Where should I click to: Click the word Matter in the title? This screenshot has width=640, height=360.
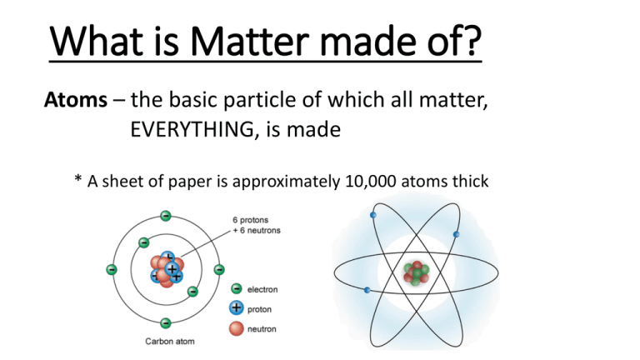click(x=249, y=41)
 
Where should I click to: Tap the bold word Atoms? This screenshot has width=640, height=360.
click(x=76, y=100)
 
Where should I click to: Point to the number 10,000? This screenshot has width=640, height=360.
click(x=371, y=181)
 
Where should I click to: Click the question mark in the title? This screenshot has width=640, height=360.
click(x=473, y=41)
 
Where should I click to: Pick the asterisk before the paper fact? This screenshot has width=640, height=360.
click(x=78, y=178)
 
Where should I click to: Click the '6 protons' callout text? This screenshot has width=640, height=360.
click(x=251, y=220)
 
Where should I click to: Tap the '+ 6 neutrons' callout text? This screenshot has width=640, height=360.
click(x=257, y=230)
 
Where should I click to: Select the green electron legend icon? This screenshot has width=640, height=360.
click(x=237, y=288)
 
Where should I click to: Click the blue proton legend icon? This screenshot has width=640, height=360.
click(x=237, y=308)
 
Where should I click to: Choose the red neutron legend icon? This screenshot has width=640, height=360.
click(x=237, y=328)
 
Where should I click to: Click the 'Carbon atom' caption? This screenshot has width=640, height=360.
click(x=170, y=341)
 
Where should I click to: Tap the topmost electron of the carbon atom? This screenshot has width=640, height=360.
click(x=165, y=216)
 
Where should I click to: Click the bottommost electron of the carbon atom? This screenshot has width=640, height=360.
click(x=165, y=323)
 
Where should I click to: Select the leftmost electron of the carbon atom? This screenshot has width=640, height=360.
click(x=112, y=269)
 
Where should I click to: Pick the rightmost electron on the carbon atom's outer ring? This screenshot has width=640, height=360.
click(x=219, y=269)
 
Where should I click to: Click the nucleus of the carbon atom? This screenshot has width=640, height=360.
click(x=167, y=269)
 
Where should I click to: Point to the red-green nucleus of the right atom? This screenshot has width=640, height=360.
click(x=417, y=273)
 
